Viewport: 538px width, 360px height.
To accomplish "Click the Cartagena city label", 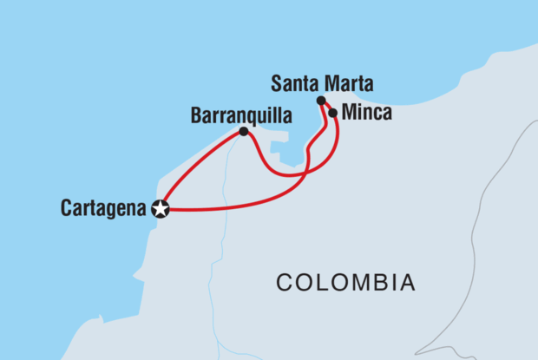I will click(103, 208).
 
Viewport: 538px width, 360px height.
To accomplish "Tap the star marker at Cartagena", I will click(160, 208).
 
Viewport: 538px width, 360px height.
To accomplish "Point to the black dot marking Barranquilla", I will click(244, 132).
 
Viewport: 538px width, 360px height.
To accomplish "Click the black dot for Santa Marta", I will click(321, 101).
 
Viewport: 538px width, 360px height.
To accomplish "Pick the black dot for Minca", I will click(332, 113).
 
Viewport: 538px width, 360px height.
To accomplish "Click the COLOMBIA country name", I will click(345, 282).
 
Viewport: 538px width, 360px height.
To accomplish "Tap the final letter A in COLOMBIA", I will click(406, 282).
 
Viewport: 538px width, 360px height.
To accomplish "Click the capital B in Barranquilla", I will click(194, 115).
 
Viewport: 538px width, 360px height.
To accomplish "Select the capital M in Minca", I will click(350, 112).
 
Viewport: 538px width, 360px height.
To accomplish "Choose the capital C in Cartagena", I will click(67, 208).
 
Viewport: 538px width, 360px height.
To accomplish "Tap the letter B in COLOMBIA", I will click(369, 282).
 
